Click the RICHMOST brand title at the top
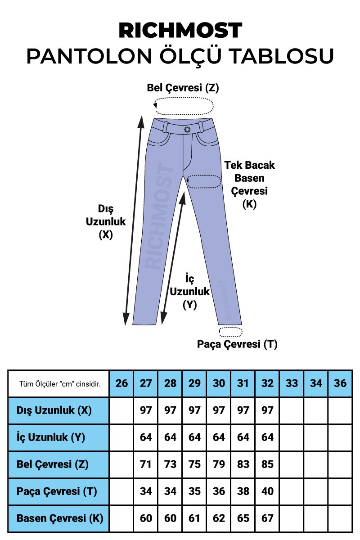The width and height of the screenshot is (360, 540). pos(180,31)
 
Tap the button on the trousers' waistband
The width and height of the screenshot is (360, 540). pos(187,129)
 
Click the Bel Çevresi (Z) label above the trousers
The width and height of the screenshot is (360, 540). pos(183,88)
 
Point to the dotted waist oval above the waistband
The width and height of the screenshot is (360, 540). pos(184,106)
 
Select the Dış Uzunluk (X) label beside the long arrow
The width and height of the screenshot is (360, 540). pos(106,221)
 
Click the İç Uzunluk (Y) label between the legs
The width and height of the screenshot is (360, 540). pos(189,291)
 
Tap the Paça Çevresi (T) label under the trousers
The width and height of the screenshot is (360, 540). pos(237,344)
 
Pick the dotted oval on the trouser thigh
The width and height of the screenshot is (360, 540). pos(204,181)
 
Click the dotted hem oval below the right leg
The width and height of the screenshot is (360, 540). pos(230,332)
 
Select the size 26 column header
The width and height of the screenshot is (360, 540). pos(121,383)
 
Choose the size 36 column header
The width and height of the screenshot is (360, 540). pos(340,383)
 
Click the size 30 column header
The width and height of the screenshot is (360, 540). pos(219,383)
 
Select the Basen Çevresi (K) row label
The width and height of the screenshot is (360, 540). pos(59,518)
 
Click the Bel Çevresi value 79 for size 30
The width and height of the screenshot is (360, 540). pos(219,464)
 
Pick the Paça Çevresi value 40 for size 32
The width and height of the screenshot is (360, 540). pos(267,491)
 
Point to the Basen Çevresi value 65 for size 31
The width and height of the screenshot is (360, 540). pos(243,518)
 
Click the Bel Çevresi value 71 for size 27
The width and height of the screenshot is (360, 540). pos(146,464)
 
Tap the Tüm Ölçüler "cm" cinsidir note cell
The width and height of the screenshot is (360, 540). pos(59,384)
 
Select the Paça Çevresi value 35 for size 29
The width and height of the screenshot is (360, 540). pos(194,491)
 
